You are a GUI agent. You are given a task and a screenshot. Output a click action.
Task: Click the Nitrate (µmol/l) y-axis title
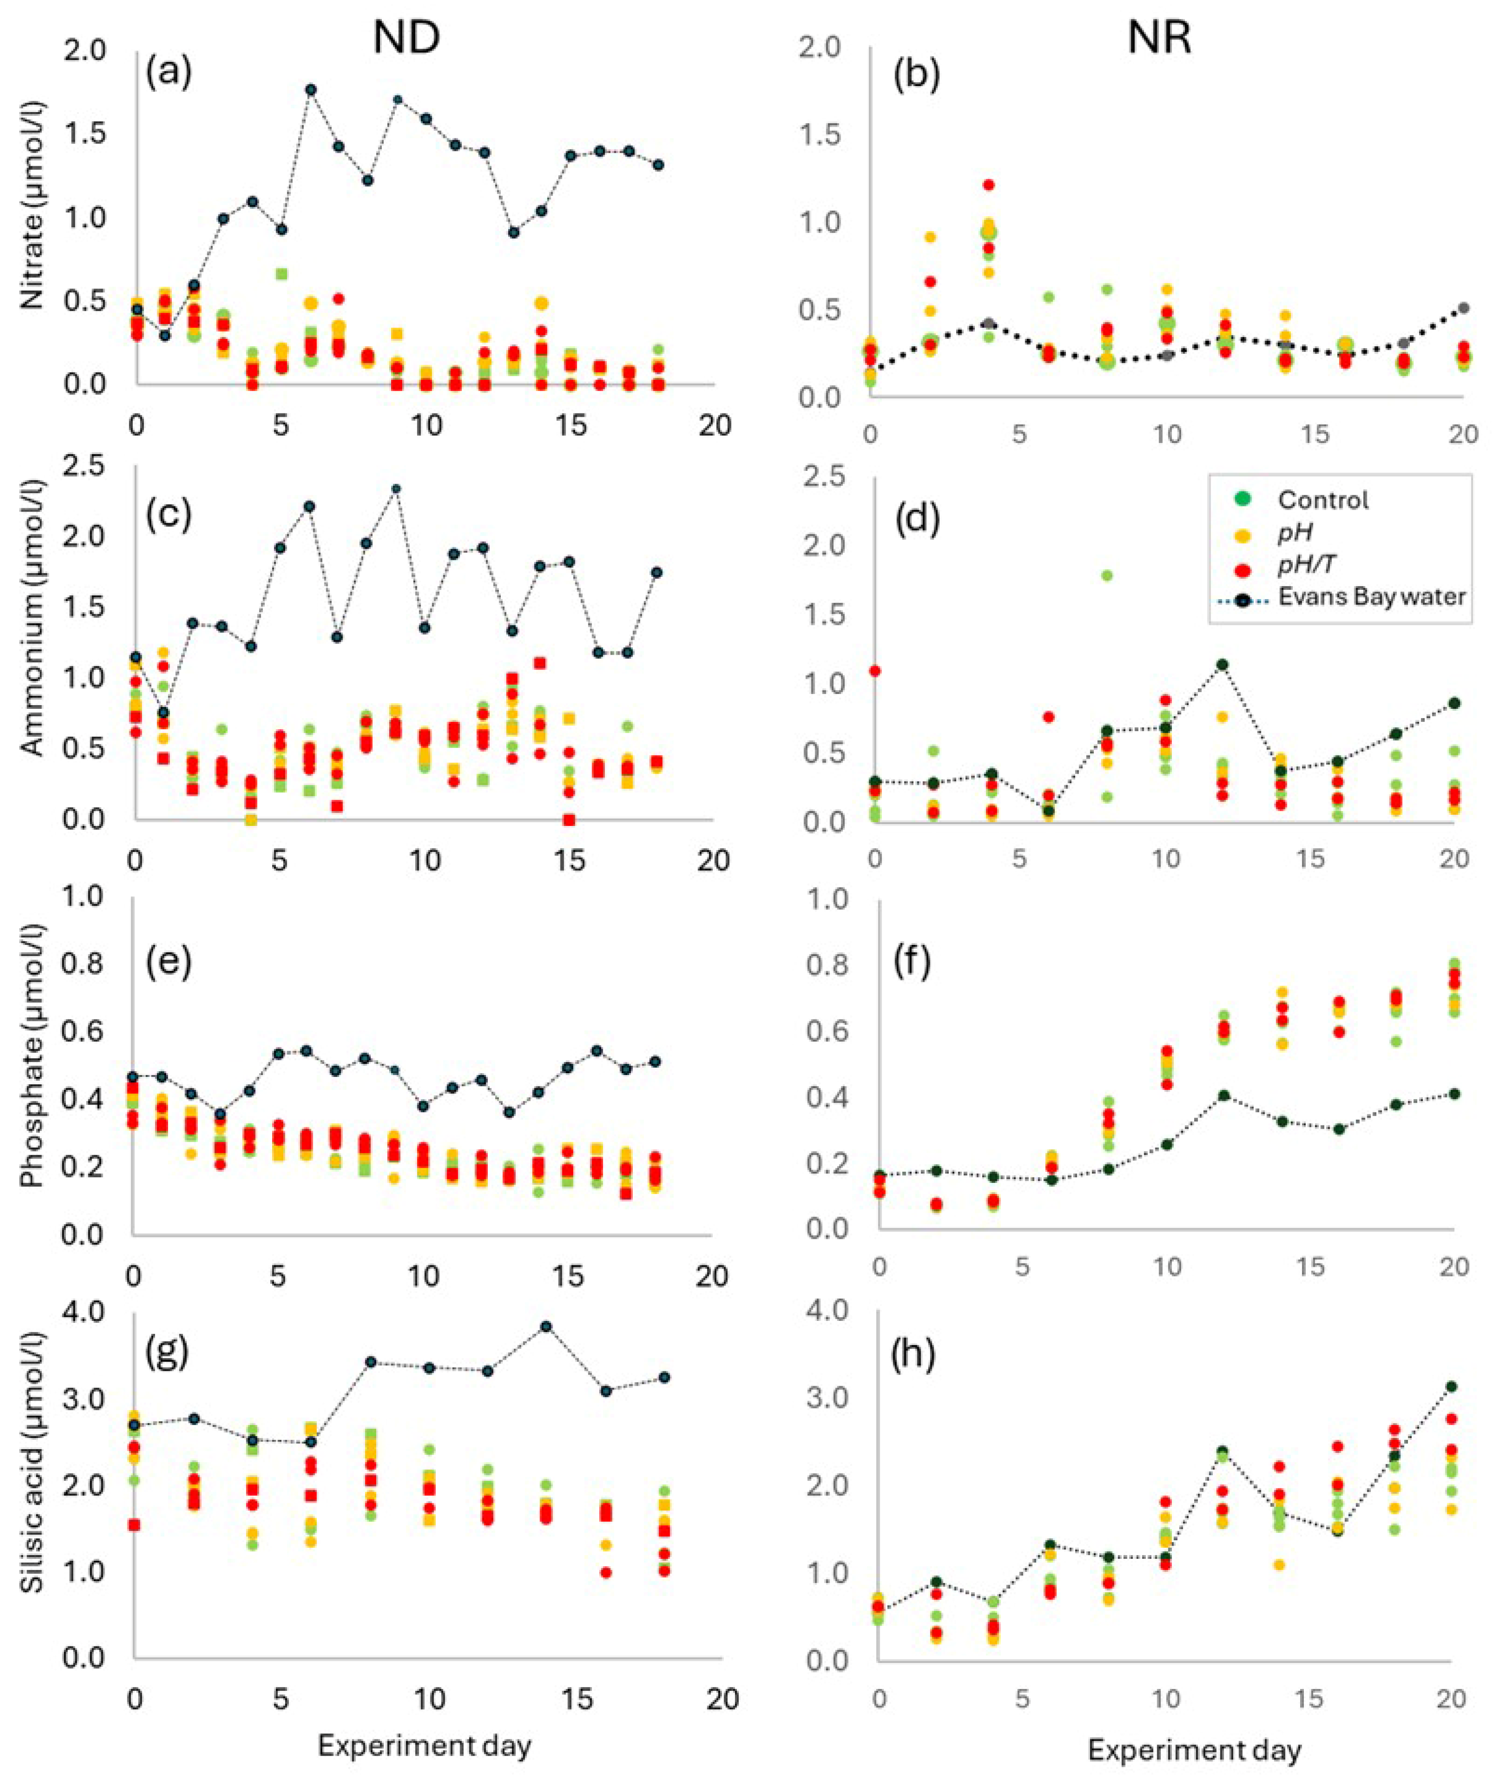tap(32, 206)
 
